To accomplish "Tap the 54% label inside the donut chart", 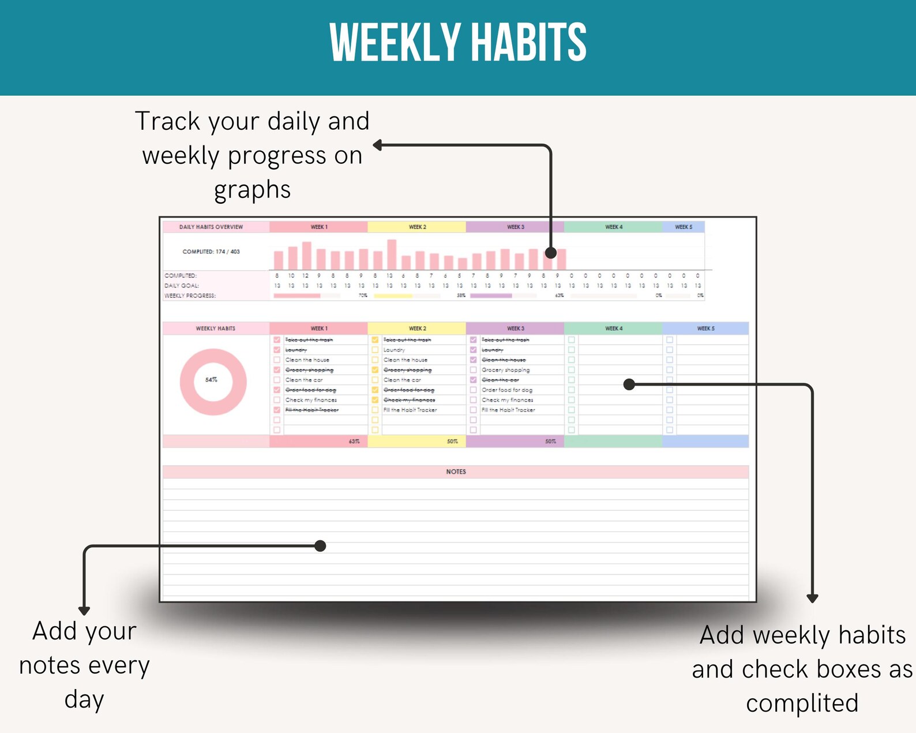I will tap(211, 380).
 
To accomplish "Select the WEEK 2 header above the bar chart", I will tap(417, 227).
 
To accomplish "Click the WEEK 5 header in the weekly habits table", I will tap(705, 328).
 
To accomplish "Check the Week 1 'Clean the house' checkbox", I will tap(277, 360).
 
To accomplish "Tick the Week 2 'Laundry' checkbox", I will tap(375, 350).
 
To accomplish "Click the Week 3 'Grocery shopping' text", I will tap(505, 370).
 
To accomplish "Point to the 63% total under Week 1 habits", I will tap(354, 442).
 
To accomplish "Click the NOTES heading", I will tap(456, 472).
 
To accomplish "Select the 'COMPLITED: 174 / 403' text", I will tap(211, 252).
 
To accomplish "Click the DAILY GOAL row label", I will tap(182, 286).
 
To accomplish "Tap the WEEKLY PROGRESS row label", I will tap(190, 296).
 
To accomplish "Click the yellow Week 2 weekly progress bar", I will tap(393, 296).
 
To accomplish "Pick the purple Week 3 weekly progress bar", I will tap(491, 296).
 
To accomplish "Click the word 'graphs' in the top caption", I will tap(252, 190).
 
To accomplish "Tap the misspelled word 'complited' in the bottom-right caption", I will tap(802, 704).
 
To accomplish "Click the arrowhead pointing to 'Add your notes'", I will tap(84, 611).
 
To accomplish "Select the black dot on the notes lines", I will tap(321, 546).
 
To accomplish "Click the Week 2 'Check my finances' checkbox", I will tap(375, 400).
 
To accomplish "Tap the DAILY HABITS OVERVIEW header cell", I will tap(211, 227).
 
